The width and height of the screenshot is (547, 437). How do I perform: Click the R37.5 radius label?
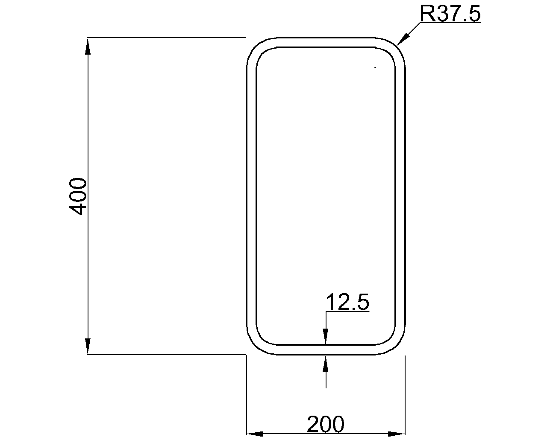tap(450, 14)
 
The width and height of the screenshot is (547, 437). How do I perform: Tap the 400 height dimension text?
tap(78, 197)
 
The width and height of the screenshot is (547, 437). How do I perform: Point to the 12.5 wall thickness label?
tap(347, 302)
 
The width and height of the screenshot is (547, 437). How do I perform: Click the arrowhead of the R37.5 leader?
tap(403, 39)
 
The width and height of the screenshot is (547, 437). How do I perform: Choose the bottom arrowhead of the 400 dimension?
tap(88, 346)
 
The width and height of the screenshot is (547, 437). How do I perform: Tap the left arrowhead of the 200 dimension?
tap(255, 434)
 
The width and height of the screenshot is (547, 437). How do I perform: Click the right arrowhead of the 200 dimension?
tap(397, 434)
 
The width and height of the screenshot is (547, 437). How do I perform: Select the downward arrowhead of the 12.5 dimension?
tap(326, 336)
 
